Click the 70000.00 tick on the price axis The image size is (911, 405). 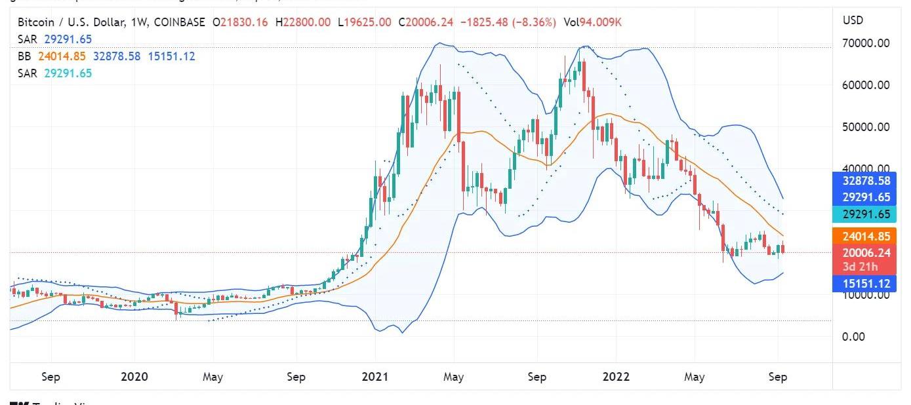point(866,43)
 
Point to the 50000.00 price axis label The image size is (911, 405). point(866,127)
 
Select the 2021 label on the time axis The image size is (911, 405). point(375,377)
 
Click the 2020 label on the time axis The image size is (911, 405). point(134,377)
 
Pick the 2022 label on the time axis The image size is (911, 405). point(616,377)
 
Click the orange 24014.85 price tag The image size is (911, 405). point(866,236)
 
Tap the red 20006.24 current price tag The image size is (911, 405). point(866,252)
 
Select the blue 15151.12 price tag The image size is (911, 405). point(866,284)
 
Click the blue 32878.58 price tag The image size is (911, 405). point(866,180)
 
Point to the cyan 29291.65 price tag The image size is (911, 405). point(866,214)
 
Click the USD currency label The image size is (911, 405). point(853,20)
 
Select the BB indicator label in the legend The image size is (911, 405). point(24,56)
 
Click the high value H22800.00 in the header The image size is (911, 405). point(303,23)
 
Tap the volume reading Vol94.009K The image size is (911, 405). point(592,23)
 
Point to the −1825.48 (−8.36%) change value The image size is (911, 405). point(508,23)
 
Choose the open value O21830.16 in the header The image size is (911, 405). point(241,23)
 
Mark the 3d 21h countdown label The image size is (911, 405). point(866,265)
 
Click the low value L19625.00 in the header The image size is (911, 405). point(365,23)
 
